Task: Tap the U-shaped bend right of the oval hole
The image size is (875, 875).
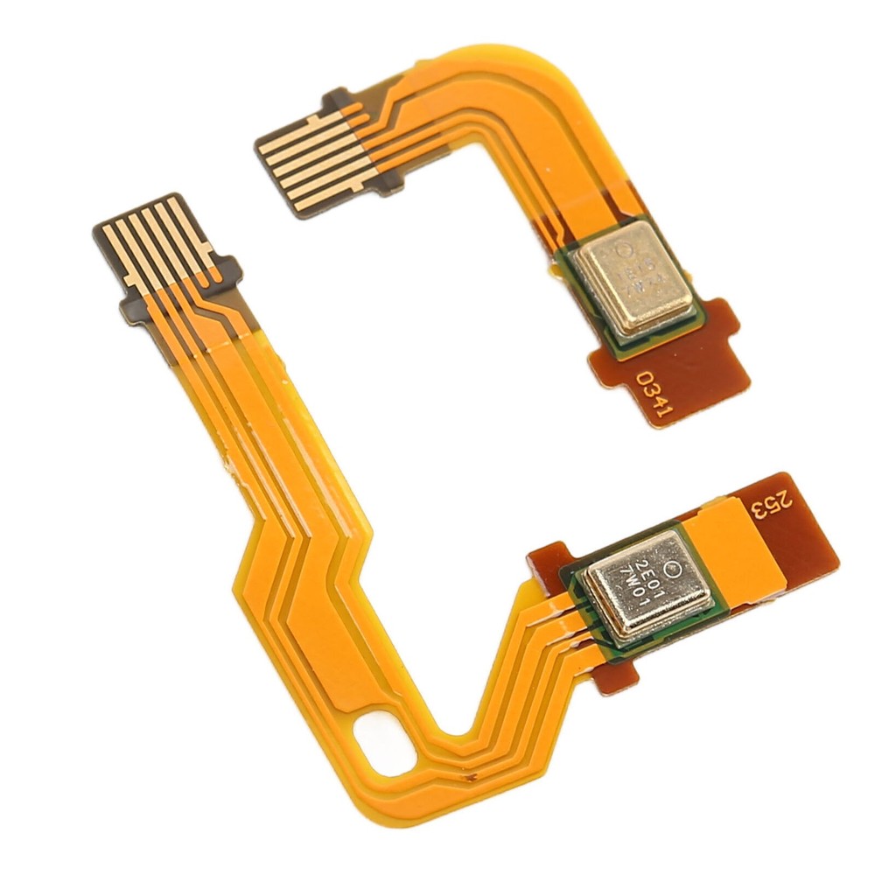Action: point(455,752)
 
